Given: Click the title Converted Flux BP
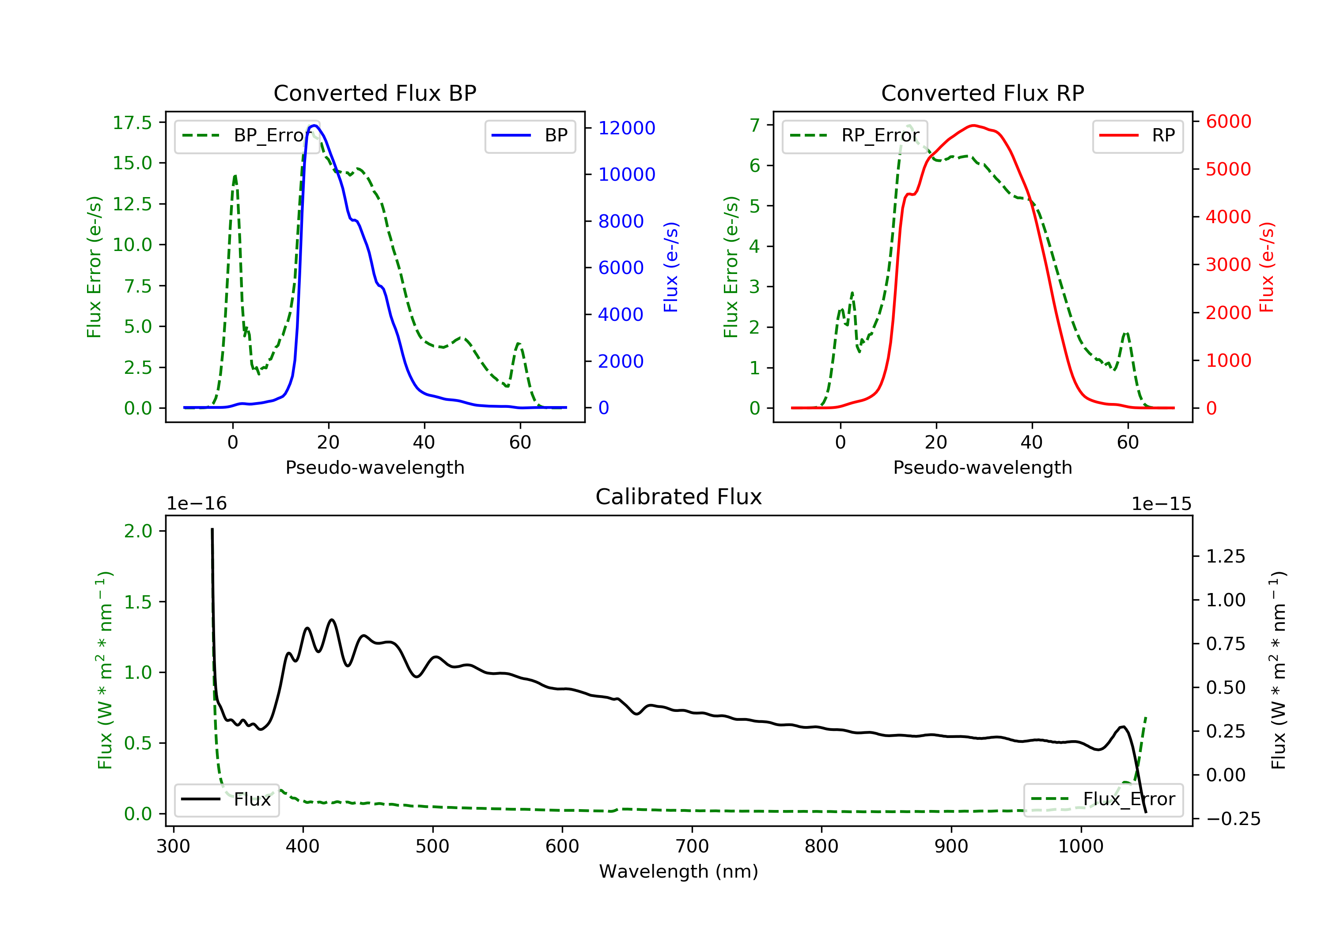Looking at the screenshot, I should (x=375, y=93).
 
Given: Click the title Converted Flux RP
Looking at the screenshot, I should (x=982, y=93).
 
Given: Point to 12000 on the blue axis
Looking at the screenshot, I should (x=626, y=128).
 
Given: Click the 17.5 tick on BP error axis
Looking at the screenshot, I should (x=132, y=122).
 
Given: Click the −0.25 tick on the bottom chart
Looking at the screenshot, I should (x=1233, y=819).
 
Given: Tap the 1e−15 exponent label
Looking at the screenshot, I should (x=1161, y=504).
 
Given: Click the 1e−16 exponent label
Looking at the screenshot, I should (x=197, y=504).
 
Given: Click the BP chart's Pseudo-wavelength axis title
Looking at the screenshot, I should (x=375, y=468).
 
